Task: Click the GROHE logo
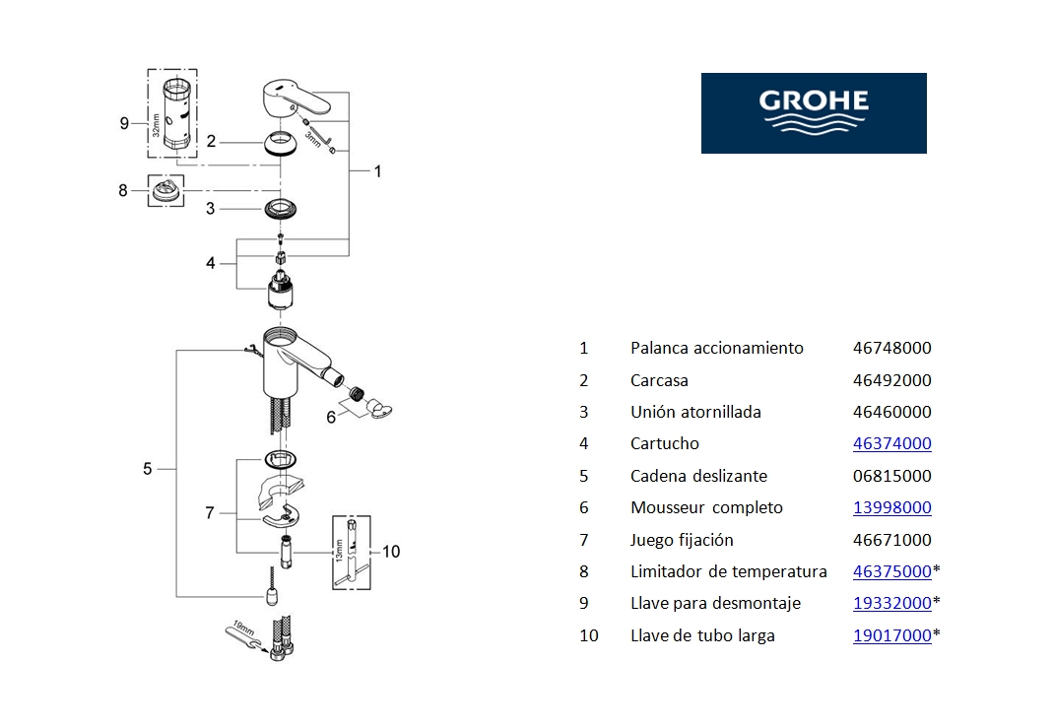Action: [x=814, y=112]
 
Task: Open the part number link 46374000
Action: [x=891, y=444]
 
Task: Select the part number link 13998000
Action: [x=891, y=508]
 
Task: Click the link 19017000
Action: [x=891, y=636]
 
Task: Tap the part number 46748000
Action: [x=891, y=348]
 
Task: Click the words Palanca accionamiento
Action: [x=716, y=348]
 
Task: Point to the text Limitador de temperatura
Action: [x=728, y=572]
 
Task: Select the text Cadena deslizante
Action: [x=698, y=476]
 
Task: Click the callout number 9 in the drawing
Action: [x=124, y=123]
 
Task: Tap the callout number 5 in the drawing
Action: [x=148, y=469]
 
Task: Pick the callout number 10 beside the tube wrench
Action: [x=391, y=552]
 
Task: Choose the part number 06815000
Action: [x=891, y=476]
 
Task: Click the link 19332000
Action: [x=891, y=604]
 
